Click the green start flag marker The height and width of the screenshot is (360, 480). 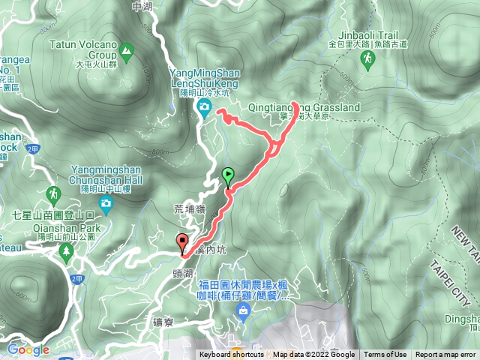[x=228, y=176]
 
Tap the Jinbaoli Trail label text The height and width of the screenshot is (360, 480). [x=361, y=34]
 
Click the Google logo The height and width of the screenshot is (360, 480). [x=28, y=349]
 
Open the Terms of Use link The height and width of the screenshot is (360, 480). [x=385, y=355]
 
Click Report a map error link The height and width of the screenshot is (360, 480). [x=445, y=355]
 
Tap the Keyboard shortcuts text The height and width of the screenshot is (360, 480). [x=231, y=355]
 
